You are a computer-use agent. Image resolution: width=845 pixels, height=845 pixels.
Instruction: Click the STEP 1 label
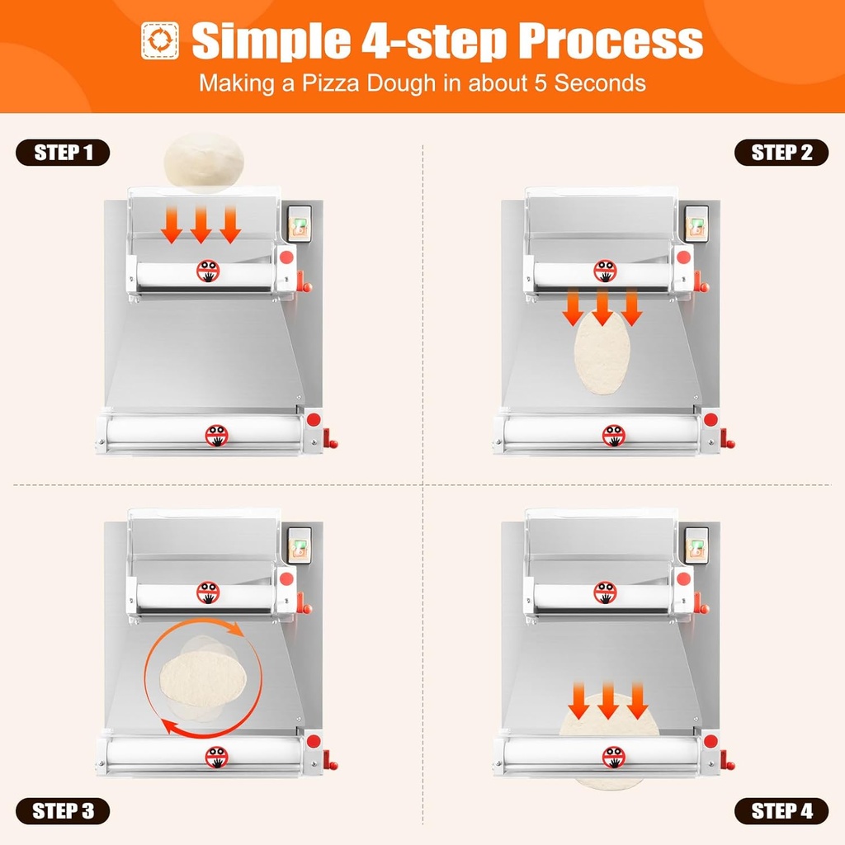pos(63,153)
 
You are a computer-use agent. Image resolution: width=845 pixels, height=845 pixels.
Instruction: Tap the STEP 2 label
pos(781,153)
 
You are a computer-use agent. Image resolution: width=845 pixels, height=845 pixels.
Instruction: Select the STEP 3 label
pos(63,811)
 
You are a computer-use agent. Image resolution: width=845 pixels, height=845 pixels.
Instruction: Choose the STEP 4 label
pos(781,811)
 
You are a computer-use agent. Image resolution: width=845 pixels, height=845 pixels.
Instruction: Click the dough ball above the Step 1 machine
pos(204,163)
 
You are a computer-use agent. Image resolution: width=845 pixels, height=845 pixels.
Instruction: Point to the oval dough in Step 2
pos(602,355)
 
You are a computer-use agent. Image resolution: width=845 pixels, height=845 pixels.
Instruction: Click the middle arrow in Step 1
pos(201,225)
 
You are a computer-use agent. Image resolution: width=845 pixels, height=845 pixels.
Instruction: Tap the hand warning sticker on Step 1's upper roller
pos(208,270)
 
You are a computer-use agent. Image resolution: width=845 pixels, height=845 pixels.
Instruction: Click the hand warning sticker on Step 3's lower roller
pos(216,756)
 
